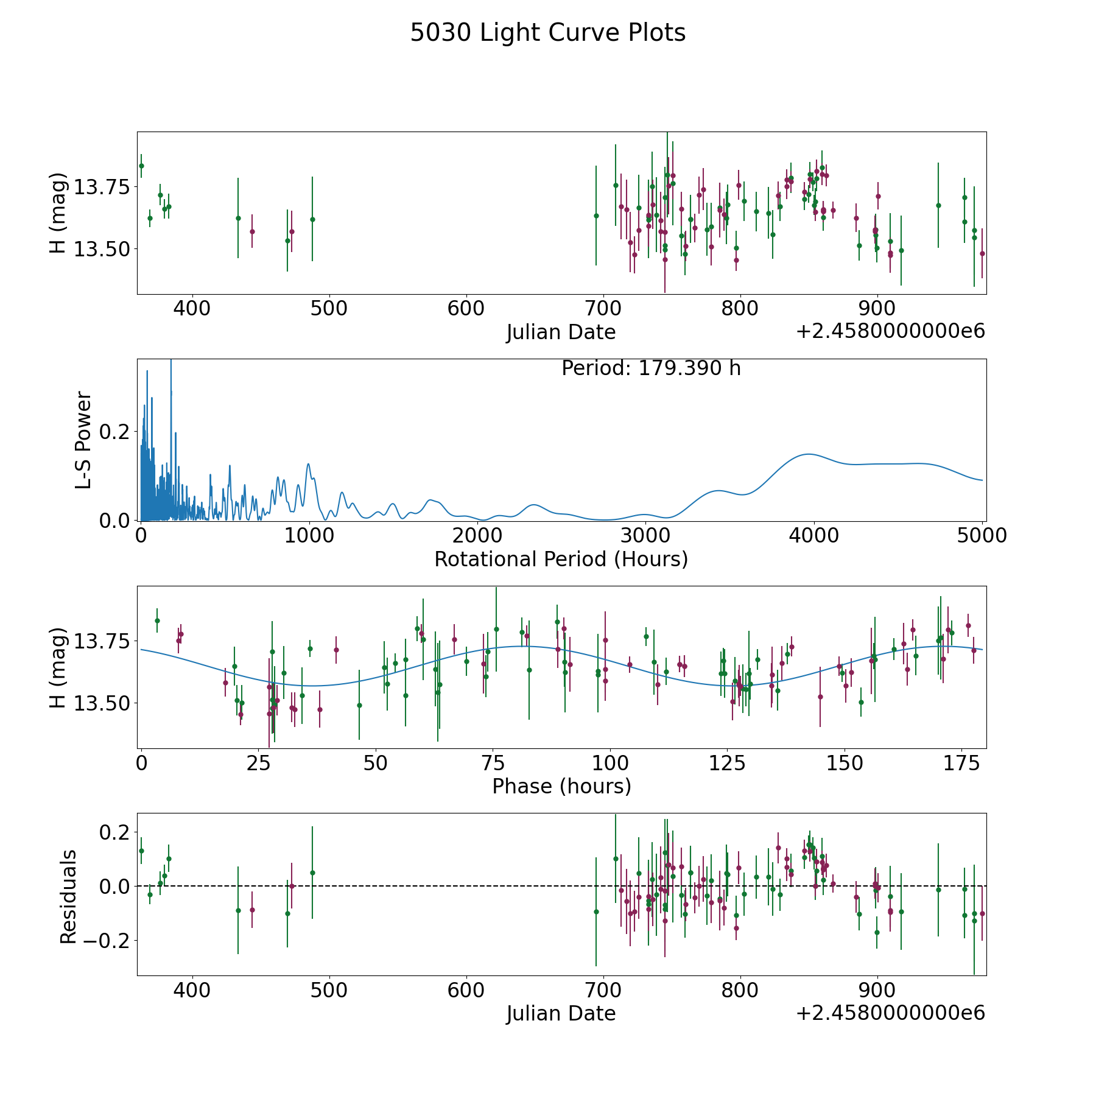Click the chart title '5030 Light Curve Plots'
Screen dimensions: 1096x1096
tap(547, 33)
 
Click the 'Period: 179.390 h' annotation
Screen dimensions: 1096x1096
tap(651, 368)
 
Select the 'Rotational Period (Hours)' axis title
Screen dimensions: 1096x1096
tap(561, 559)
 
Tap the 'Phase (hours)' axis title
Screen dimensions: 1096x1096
tap(561, 786)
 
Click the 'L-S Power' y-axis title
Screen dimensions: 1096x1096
tap(83, 440)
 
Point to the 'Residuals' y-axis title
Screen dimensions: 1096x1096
tap(68, 896)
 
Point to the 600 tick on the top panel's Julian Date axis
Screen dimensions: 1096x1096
tap(466, 308)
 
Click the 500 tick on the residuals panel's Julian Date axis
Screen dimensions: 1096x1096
tap(329, 990)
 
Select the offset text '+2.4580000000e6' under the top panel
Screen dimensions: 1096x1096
tap(890, 331)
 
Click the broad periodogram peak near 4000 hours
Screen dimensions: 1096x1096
tap(809, 454)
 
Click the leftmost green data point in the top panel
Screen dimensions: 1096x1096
tap(141, 166)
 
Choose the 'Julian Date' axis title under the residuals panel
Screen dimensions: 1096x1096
tap(561, 1013)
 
